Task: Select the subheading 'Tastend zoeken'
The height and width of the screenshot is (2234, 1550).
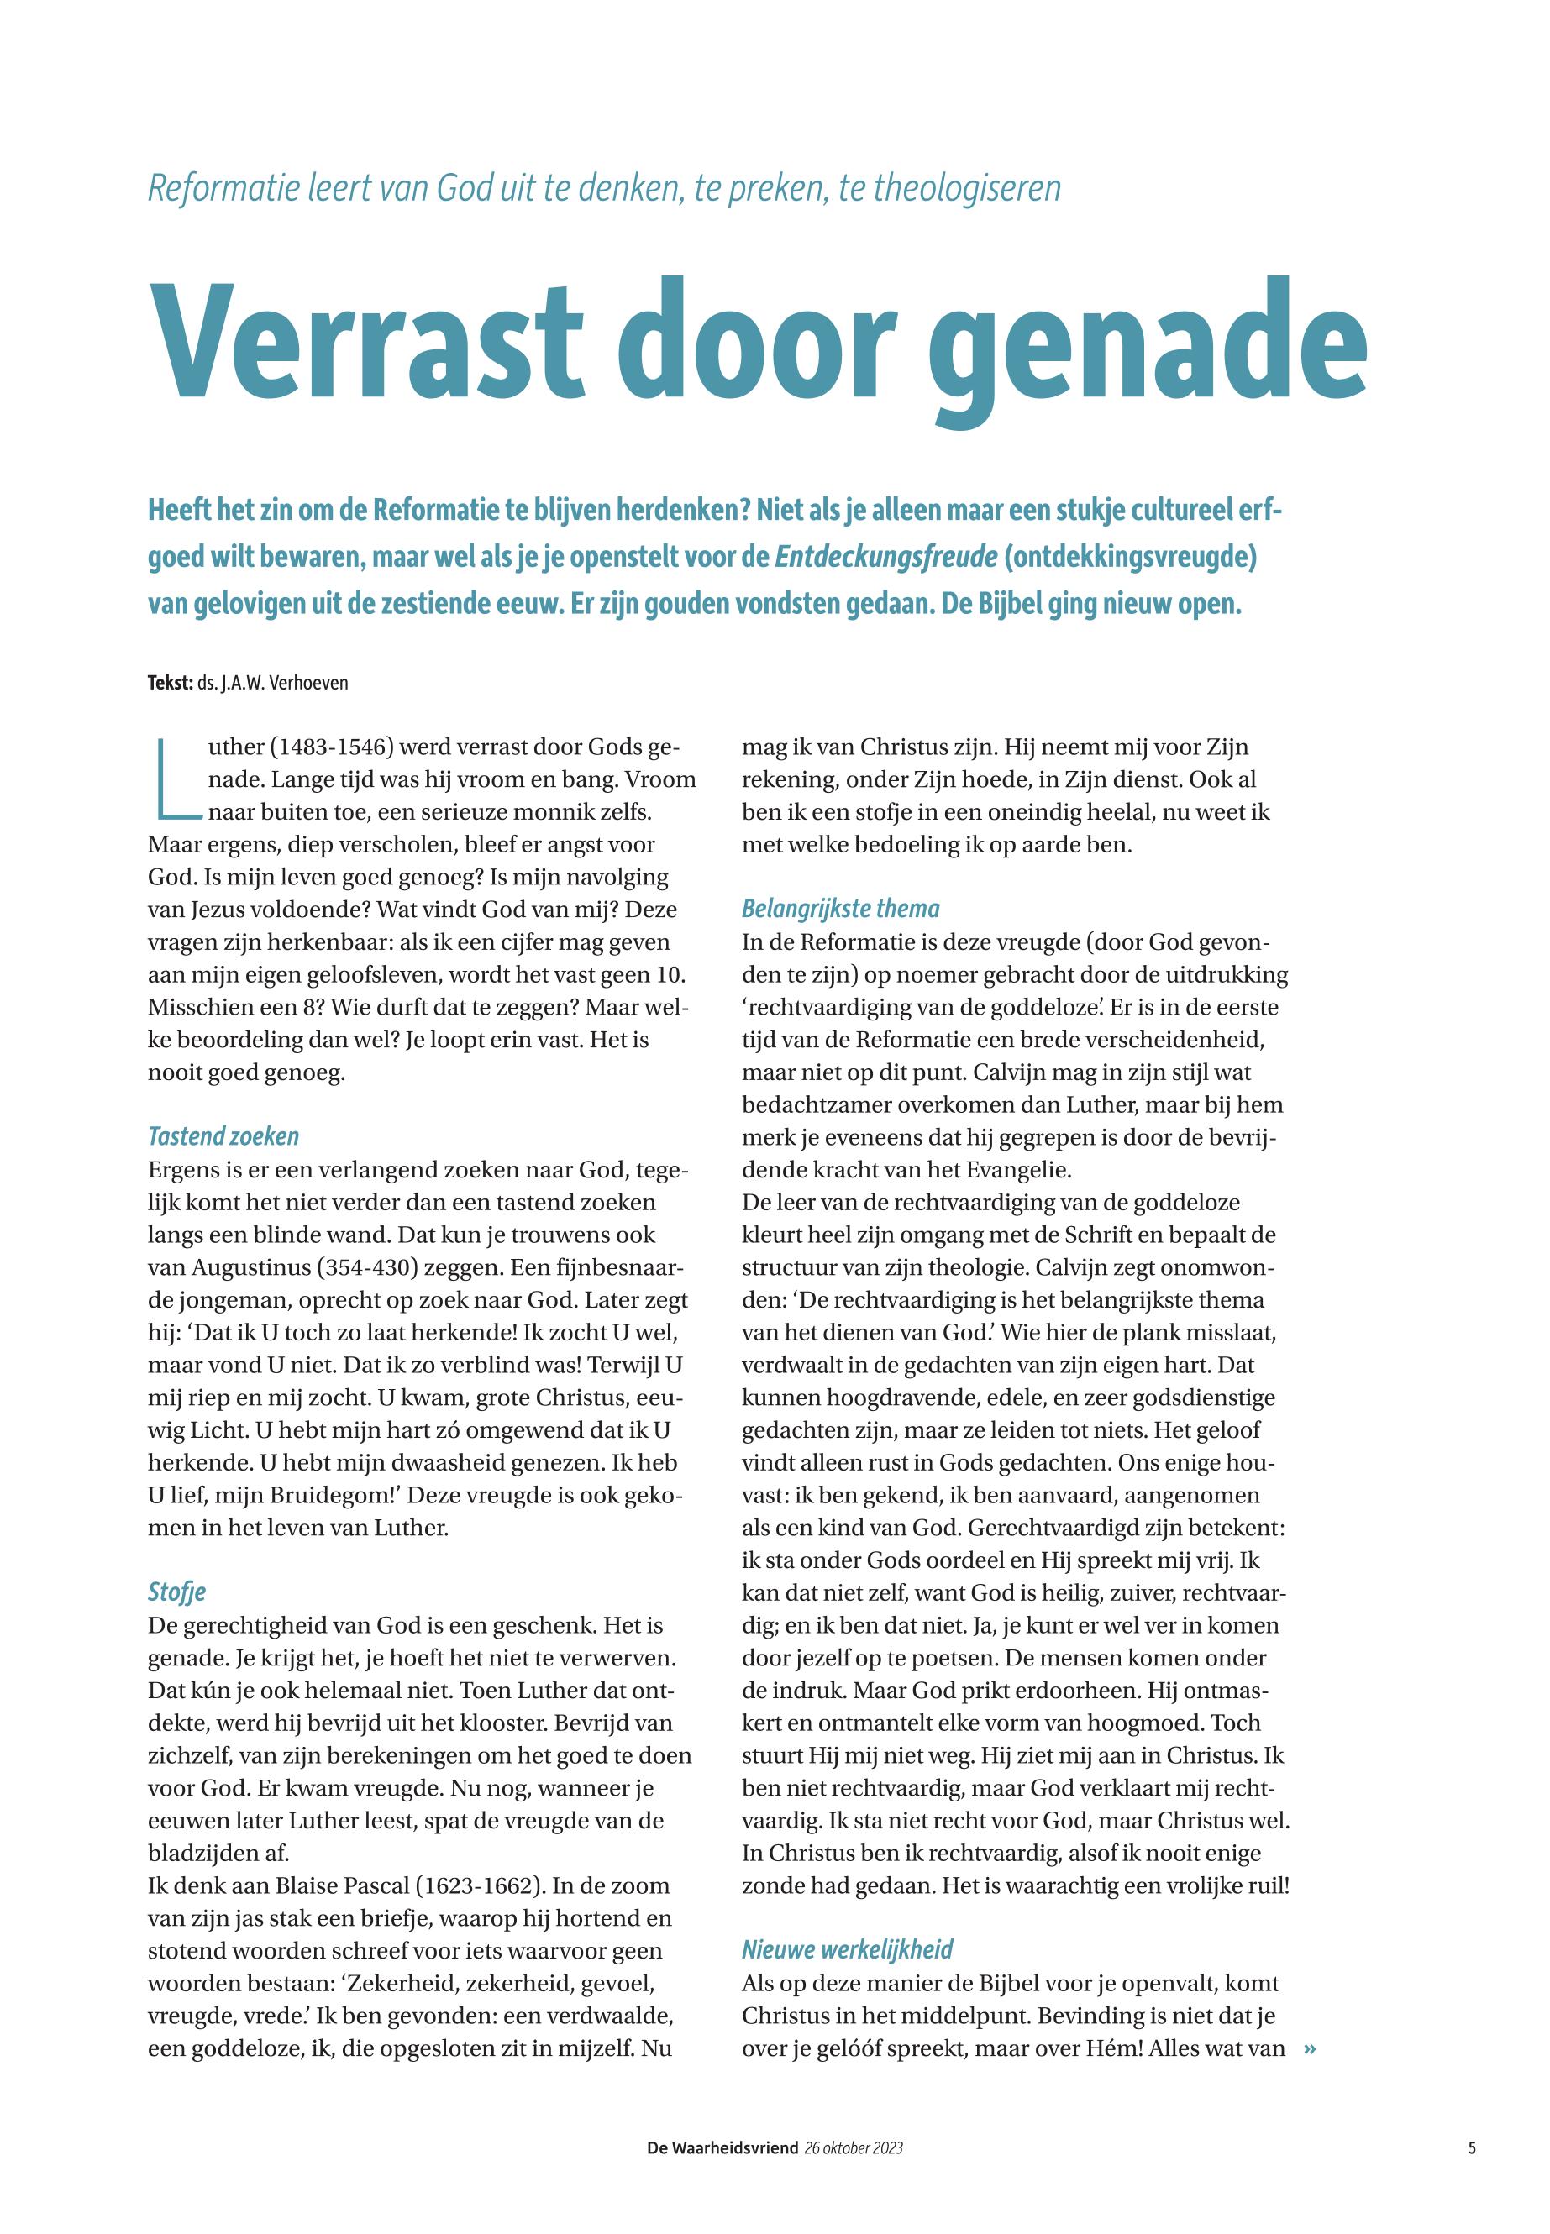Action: (x=223, y=1136)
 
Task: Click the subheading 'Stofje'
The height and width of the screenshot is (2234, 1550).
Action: (x=176, y=1592)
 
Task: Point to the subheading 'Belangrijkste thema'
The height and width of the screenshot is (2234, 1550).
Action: (x=840, y=909)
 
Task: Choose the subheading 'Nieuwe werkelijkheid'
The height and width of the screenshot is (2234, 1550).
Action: (x=847, y=1949)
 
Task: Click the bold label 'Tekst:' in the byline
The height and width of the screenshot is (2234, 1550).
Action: (x=170, y=683)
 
